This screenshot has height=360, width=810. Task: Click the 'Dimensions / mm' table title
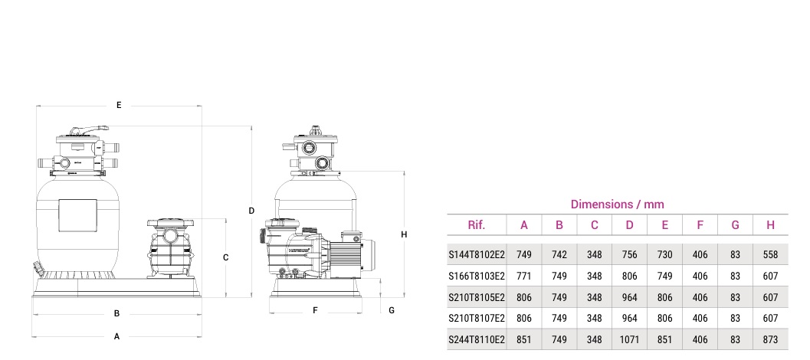(617, 205)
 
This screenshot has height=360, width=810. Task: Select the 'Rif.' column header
(476, 225)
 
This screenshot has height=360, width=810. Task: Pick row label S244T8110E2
(476, 339)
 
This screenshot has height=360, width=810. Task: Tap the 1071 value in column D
(629, 339)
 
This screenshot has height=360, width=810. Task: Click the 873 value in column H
(770, 339)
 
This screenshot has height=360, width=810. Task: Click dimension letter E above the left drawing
(119, 105)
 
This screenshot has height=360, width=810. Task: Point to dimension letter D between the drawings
(251, 210)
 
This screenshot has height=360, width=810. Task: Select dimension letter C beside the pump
(225, 258)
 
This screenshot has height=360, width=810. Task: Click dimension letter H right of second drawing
(404, 234)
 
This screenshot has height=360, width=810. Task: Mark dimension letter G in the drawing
(392, 310)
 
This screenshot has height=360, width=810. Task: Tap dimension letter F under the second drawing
(315, 310)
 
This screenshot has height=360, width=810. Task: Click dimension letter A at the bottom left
(116, 335)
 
